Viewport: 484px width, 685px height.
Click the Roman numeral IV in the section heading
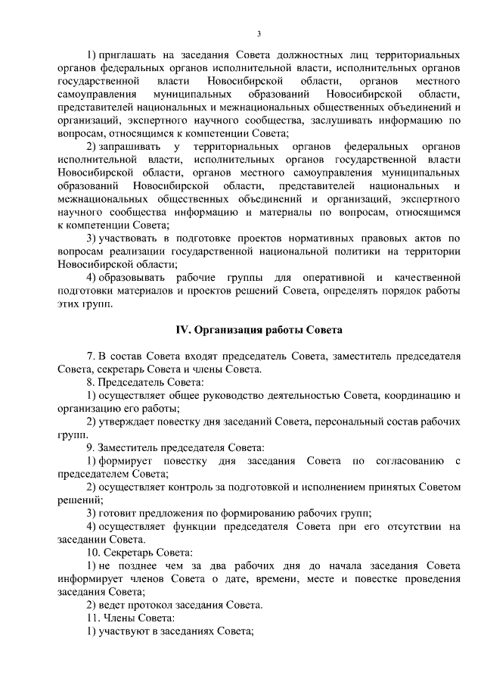coord(182,330)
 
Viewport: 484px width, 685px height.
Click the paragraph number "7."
coord(92,357)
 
